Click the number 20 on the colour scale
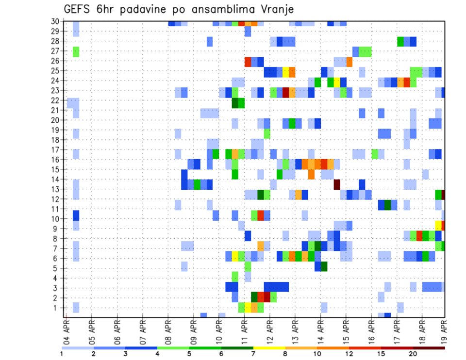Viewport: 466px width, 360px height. (413, 354)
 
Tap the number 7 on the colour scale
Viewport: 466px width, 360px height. (253, 354)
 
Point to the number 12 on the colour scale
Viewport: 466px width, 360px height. (349, 354)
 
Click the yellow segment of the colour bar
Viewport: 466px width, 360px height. (269, 348)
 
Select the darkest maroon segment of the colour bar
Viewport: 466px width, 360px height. (429, 348)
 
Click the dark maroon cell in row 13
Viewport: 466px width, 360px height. (337, 184)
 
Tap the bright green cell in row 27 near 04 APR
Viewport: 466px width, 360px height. (76, 51)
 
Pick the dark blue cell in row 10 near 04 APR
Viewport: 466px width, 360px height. (76, 214)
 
